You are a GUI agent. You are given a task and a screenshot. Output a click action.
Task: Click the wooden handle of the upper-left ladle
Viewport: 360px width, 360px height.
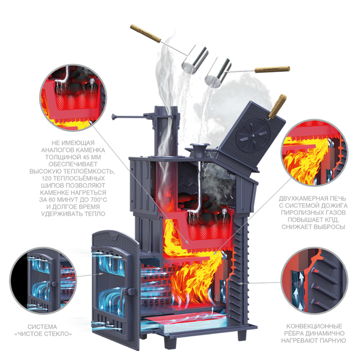pyautogui.click(x=145, y=34)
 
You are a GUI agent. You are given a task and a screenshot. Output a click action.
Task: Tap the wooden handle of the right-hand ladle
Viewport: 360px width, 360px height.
pyautogui.click(x=272, y=69)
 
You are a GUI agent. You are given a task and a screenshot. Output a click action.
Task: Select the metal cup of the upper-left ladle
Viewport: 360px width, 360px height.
pyautogui.click(x=195, y=59)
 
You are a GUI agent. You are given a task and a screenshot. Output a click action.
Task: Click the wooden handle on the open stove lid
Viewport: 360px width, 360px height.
pyautogui.click(x=278, y=106)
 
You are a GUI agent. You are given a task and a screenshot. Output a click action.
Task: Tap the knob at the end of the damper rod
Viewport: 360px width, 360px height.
pyautogui.click(x=113, y=117)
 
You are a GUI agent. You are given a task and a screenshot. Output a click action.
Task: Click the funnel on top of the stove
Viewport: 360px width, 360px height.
pyautogui.click(x=199, y=150)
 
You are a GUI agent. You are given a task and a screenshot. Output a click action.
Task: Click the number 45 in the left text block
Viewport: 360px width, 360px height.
pyautogui.click(x=81, y=157)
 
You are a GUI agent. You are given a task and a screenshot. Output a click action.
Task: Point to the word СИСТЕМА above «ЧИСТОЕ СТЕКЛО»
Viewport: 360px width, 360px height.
pyautogui.click(x=42, y=327)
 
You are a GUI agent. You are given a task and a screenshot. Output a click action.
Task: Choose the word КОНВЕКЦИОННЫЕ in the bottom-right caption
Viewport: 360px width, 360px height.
pyautogui.click(x=314, y=326)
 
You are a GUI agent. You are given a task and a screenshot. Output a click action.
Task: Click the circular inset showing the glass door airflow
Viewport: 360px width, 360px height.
pyautogui.click(x=43, y=280)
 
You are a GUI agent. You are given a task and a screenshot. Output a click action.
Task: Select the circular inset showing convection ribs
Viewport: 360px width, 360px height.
pyautogui.click(x=315, y=280)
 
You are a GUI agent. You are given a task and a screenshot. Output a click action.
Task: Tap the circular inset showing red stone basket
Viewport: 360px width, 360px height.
pyautogui.click(x=73, y=98)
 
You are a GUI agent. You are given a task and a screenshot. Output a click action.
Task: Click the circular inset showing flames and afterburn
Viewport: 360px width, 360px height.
pyautogui.click(x=315, y=153)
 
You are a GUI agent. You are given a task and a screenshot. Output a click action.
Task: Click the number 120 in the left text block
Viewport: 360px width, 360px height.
pyautogui.click(x=47, y=178)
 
